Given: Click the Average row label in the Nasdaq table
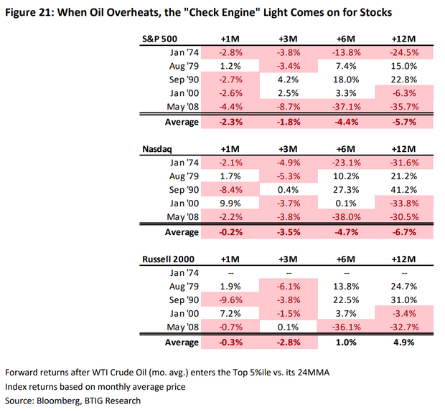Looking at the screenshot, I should click(x=179, y=232).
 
